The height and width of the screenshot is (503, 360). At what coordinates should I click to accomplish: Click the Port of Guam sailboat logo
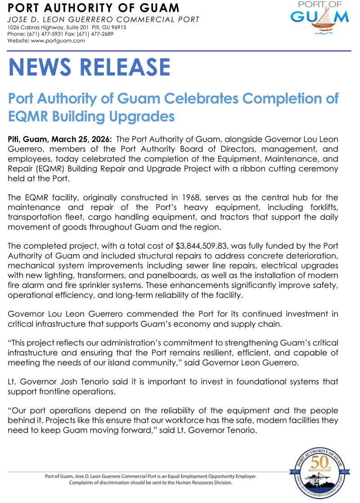click(x=319, y=18)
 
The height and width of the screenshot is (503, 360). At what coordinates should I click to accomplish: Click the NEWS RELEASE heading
click(x=90, y=67)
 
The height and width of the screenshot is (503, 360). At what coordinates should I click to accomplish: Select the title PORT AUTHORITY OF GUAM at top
click(x=94, y=8)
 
